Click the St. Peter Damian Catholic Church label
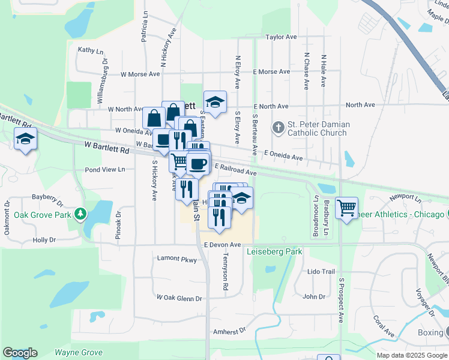pyautogui.click(x=318, y=129)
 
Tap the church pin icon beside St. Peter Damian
pyautogui.click(x=278, y=127)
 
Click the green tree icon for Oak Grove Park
pyautogui.click(x=80, y=215)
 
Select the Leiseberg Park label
pyautogui.click(x=274, y=252)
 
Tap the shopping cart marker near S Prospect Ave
pyautogui.click(x=347, y=208)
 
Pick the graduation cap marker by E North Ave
pyautogui.click(x=215, y=101)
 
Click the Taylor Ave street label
pyautogui.click(x=282, y=37)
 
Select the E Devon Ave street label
pyautogui.click(x=222, y=245)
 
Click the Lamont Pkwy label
pyautogui.click(x=176, y=259)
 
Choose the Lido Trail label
pyautogui.click(x=321, y=272)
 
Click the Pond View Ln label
pyautogui.click(x=104, y=170)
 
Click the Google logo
pyautogui.click(x=20, y=353)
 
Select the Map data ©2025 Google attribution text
pyautogui.click(x=411, y=355)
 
